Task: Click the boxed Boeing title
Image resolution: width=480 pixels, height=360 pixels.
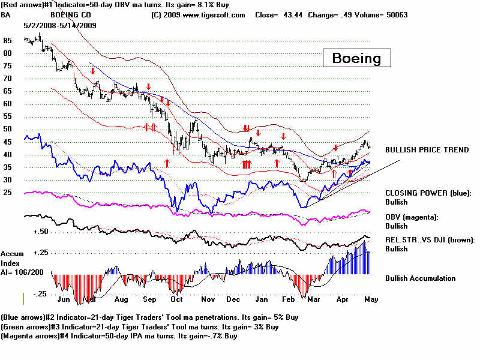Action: [x=356, y=58]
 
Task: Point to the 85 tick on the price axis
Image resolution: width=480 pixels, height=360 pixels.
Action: [x=7, y=41]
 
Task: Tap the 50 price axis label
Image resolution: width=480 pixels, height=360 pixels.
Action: [x=7, y=130]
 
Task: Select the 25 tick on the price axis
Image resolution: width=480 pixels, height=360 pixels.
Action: [x=7, y=193]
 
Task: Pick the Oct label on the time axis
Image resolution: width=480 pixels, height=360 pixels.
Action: [x=177, y=298]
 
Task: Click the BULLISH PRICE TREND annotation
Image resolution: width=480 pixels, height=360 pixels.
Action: [x=427, y=150]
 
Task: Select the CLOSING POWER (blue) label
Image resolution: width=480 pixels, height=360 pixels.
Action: [x=428, y=193]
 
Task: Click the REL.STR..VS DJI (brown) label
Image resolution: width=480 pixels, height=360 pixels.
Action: [x=430, y=239]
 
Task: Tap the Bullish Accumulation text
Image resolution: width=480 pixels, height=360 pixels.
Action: [x=420, y=278]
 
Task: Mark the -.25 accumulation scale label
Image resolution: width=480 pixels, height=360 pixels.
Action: [x=39, y=293]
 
